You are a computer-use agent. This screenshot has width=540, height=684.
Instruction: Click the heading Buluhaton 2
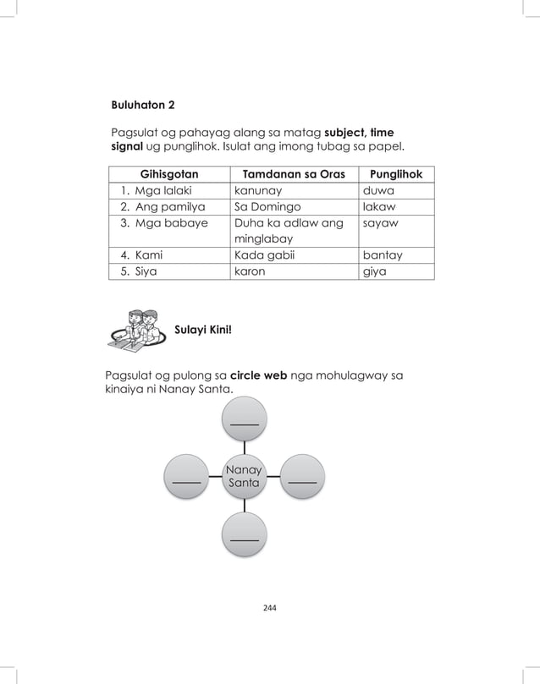pos(143,106)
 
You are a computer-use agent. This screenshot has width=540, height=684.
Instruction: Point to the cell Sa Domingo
pos(267,206)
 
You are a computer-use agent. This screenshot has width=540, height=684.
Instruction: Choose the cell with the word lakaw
pos(378,206)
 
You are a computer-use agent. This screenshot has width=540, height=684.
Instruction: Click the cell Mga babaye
pos(169,223)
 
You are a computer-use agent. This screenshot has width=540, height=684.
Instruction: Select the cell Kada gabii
pos(263,255)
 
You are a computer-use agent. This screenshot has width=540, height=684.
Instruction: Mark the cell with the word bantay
pos(383,255)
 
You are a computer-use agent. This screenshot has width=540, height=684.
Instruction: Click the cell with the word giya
pos(374,271)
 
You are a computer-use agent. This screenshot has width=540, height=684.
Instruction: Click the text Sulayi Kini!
pos(202,329)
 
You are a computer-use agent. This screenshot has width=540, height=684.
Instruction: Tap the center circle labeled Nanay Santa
pos(244,476)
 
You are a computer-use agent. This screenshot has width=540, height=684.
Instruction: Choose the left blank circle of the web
pos(186,478)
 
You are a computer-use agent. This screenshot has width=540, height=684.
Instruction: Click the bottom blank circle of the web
pos(244,534)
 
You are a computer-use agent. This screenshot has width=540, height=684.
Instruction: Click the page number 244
pos(270,608)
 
